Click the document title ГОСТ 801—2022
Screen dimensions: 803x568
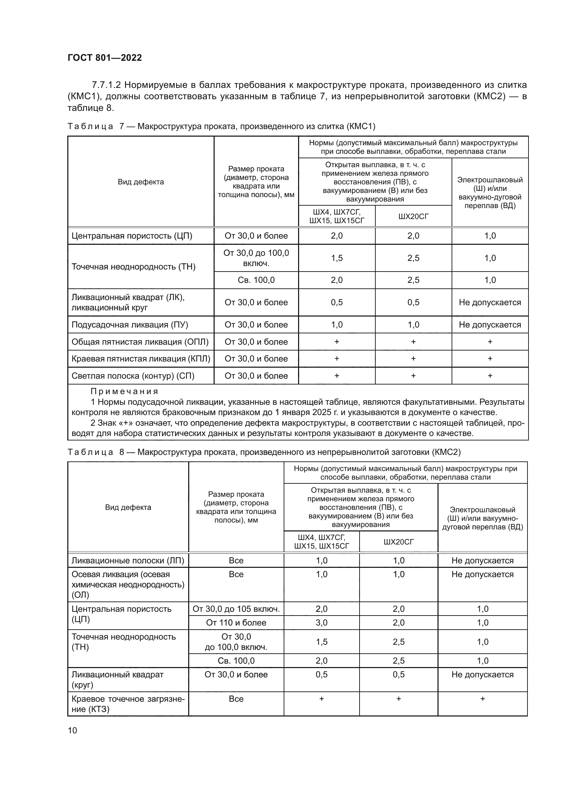tap(105, 58)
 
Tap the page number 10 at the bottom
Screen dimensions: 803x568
tap(72, 730)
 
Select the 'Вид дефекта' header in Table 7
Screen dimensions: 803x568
tap(140, 182)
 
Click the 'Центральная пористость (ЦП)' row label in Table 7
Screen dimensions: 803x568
tap(132, 236)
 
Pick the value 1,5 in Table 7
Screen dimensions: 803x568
tap(337, 258)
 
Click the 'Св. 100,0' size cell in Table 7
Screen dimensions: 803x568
tap(256, 280)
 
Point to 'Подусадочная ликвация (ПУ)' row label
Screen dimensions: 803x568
tap(130, 324)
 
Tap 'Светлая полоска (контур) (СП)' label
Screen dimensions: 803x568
tap(133, 376)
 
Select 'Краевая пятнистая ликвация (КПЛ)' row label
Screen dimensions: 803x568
tap(140, 358)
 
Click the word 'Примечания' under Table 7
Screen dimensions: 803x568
tap(124, 391)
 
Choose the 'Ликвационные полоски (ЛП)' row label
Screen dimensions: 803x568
tap(128, 560)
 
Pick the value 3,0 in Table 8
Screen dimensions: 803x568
tap(321, 622)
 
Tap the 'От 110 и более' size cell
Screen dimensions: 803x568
tap(236, 622)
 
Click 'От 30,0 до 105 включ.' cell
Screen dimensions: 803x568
tap(236, 609)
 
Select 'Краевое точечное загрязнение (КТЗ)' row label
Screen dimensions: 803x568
tap(128, 704)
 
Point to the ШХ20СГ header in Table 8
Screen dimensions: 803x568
tap(398, 542)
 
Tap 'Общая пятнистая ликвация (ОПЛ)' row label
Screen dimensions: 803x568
tap(140, 342)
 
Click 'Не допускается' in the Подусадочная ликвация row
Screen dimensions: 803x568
tap(490, 324)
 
